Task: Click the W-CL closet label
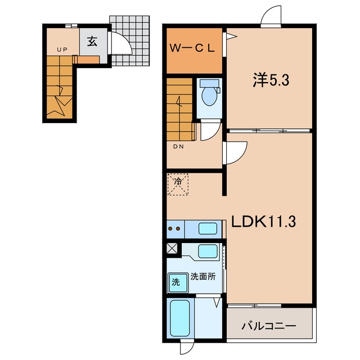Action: coord(192,48)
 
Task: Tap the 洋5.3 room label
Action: coord(271,80)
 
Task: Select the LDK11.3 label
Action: coord(263,221)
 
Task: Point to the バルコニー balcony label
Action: coord(269,326)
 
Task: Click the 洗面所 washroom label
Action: coord(203,277)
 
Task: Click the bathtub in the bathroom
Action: coord(180,318)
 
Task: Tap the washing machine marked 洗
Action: coord(178,282)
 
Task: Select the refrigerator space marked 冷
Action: coord(178,184)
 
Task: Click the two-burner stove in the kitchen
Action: coord(175,229)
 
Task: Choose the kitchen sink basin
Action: coord(208,228)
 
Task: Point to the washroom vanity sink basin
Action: coord(208,251)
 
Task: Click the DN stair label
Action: coord(178,146)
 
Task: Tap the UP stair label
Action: coord(62,49)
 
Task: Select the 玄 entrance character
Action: coord(92,42)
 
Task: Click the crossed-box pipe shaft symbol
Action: coord(172,249)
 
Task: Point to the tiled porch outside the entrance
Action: coord(130,40)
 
